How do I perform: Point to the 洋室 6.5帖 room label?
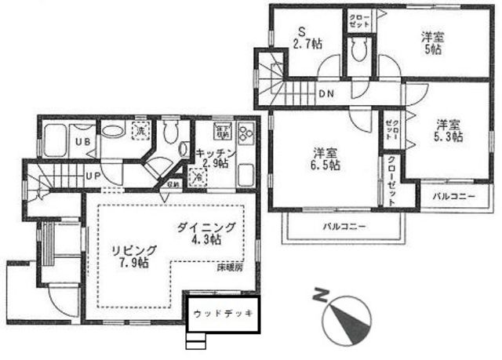click(x=324, y=158)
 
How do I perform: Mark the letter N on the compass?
click(x=319, y=296)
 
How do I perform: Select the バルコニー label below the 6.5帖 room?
click(x=345, y=227)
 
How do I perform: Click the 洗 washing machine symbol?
click(x=142, y=130)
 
